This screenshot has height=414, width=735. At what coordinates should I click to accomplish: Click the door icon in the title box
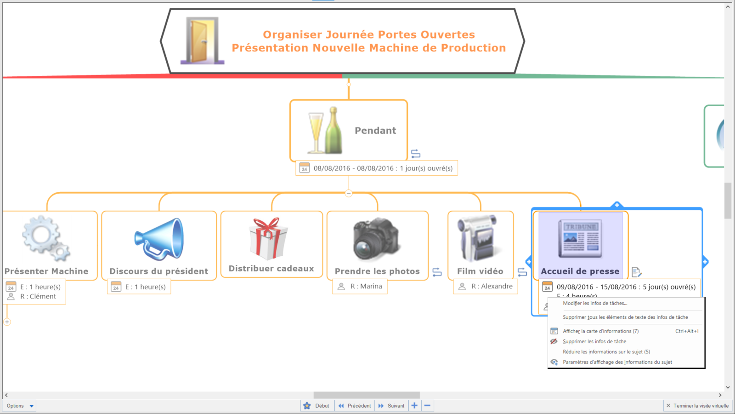pyautogui.click(x=202, y=40)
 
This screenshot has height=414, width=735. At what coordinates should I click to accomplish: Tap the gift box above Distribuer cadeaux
pyautogui.click(x=269, y=238)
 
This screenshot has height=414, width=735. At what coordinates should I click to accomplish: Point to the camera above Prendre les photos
pyautogui.click(x=376, y=239)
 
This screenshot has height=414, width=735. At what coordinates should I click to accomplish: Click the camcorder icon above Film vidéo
pyautogui.click(x=477, y=238)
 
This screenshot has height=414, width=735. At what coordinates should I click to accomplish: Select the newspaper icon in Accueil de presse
pyautogui.click(x=580, y=238)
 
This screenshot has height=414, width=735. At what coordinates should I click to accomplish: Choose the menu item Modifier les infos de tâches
pyautogui.click(x=595, y=303)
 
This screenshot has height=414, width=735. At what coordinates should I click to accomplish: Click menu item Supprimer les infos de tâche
pyautogui.click(x=594, y=341)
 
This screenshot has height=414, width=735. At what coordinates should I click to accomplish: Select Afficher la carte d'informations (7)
pyautogui.click(x=600, y=331)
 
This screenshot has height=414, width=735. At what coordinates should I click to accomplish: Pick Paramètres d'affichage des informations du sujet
pyautogui.click(x=617, y=362)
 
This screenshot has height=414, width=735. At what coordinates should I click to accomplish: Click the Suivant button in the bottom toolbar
pyautogui.click(x=391, y=406)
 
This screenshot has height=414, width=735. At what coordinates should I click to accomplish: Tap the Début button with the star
pyautogui.click(x=317, y=406)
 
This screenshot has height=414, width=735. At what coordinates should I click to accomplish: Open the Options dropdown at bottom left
pyautogui.click(x=20, y=406)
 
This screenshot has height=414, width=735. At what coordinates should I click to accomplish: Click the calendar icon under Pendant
pyautogui.click(x=305, y=168)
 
